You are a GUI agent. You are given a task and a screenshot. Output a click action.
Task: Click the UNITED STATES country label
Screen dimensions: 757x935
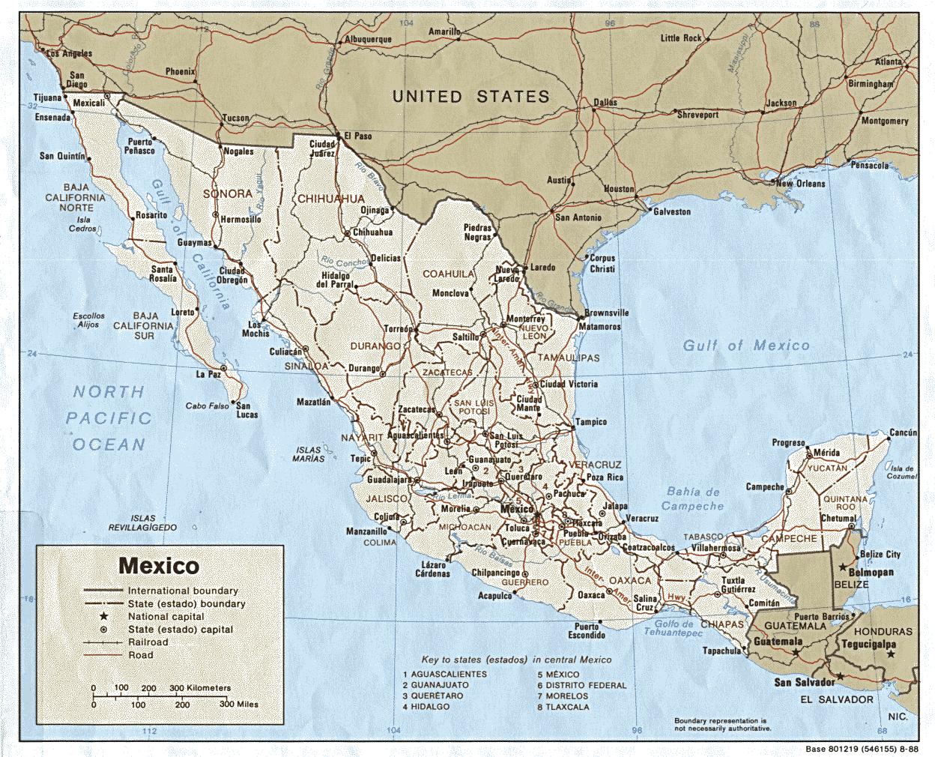click(x=471, y=97)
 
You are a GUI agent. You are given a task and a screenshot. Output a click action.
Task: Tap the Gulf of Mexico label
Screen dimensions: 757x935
click(x=745, y=345)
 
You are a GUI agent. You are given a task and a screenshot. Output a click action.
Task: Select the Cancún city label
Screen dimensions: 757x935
click(x=902, y=433)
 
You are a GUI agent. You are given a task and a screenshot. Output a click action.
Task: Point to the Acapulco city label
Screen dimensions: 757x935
click(x=494, y=597)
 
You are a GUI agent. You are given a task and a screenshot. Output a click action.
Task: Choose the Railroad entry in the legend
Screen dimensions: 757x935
click(x=148, y=642)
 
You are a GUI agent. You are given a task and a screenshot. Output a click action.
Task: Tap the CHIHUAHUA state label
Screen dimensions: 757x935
click(x=330, y=199)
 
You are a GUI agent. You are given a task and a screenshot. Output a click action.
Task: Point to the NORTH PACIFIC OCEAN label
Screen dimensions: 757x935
click(x=109, y=417)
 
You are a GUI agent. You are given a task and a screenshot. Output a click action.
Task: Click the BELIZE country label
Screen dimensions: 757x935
click(x=853, y=583)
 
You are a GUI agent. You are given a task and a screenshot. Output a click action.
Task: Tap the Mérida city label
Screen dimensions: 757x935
click(x=827, y=453)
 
